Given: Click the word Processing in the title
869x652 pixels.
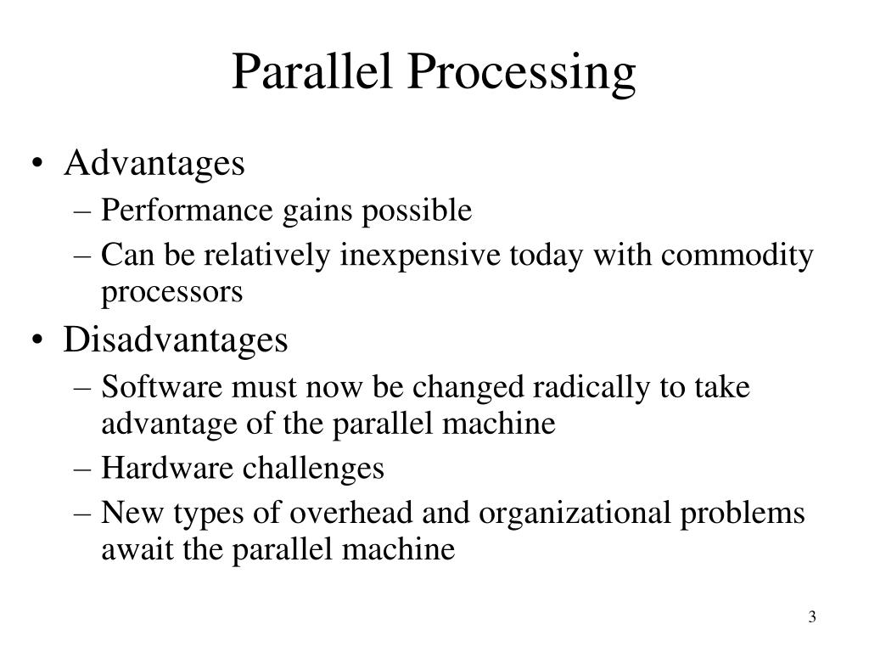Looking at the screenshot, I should [x=522, y=73].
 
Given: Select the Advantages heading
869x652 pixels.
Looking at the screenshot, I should [x=154, y=163].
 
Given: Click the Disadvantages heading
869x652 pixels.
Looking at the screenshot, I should [x=176, y=340].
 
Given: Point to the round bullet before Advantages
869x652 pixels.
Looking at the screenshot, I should [x=42, y=165].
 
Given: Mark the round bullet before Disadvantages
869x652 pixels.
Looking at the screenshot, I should [x=42, y=341].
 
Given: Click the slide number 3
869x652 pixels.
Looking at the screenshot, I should [x=812, y=617].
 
